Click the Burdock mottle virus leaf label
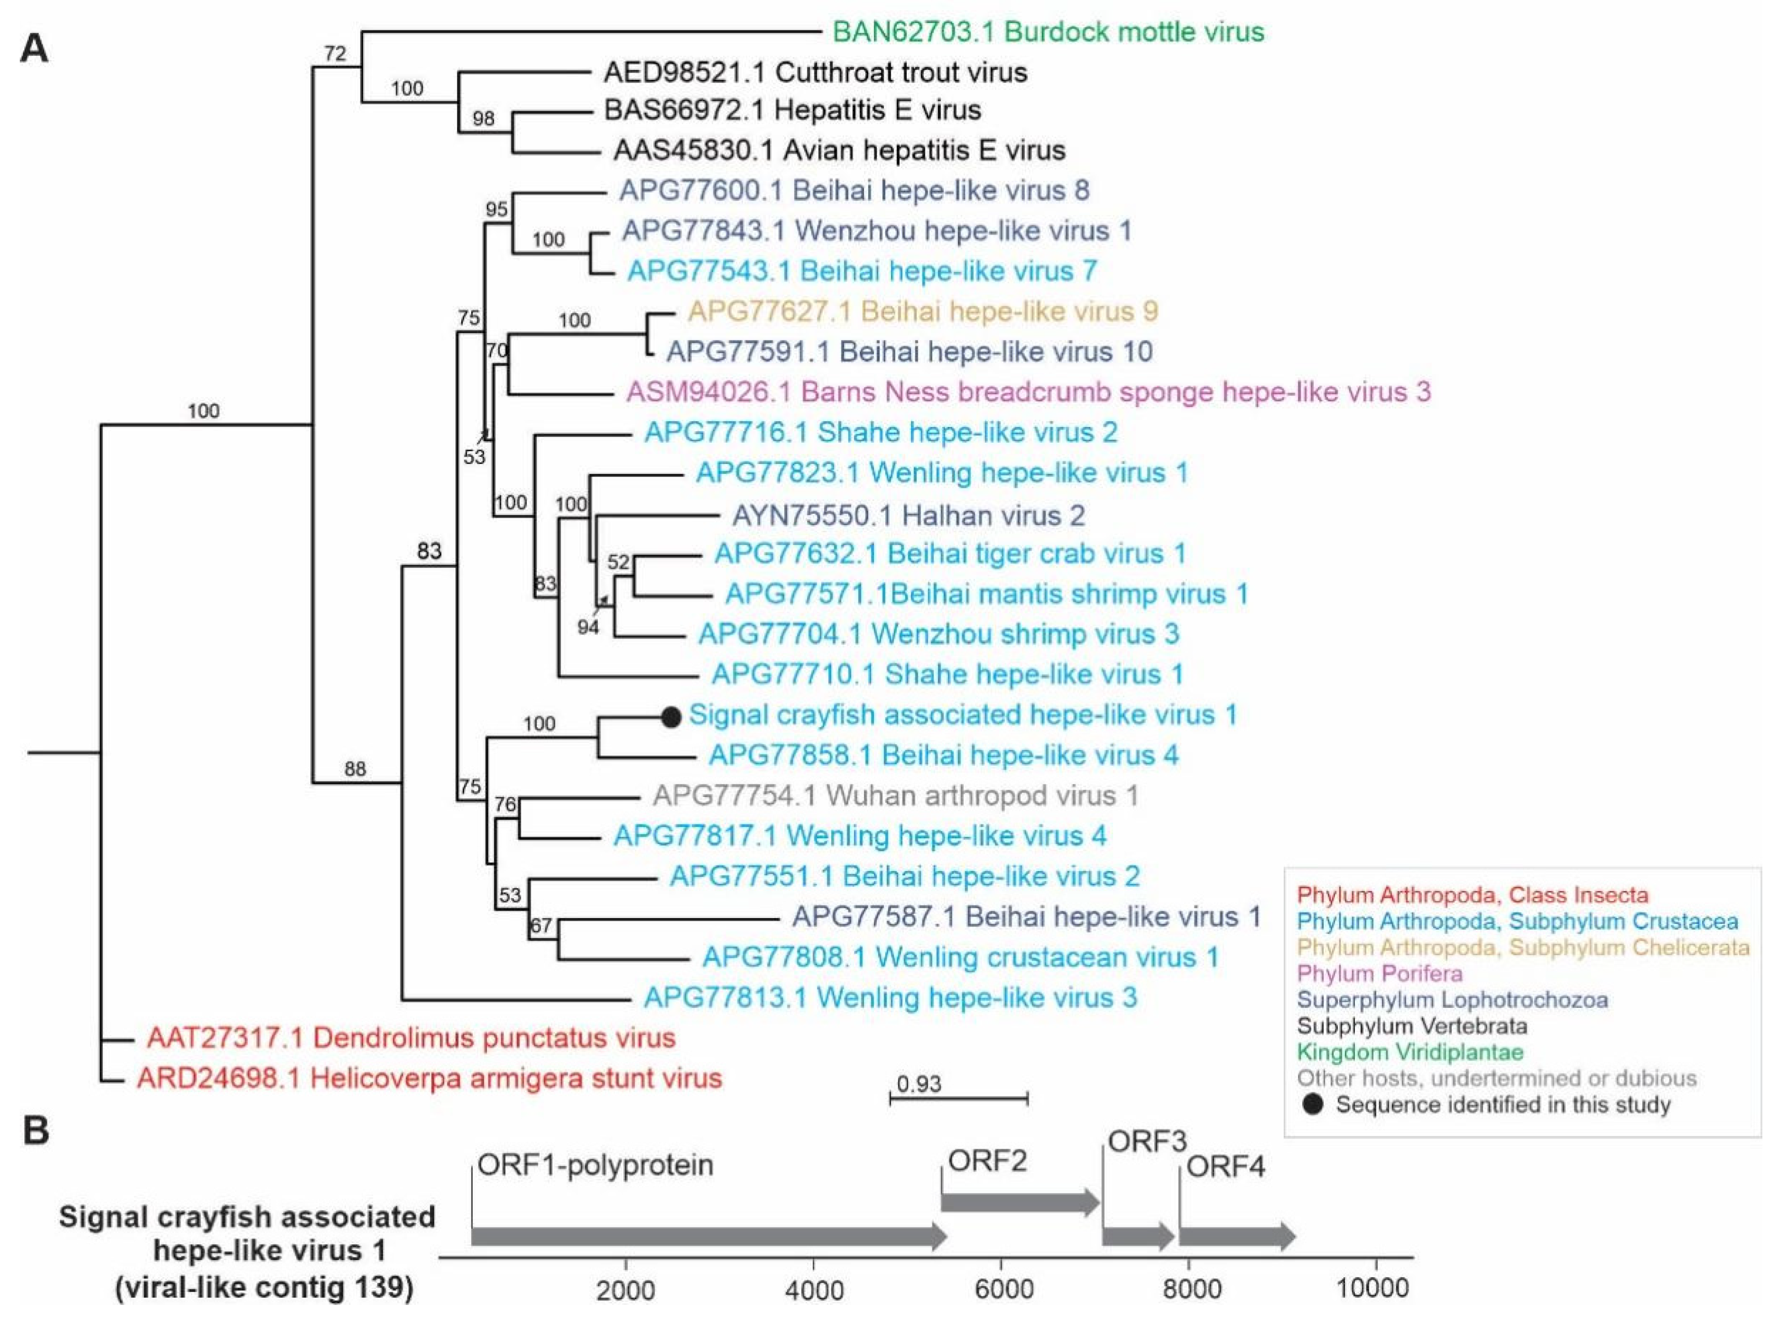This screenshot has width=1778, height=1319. click(1048, 32)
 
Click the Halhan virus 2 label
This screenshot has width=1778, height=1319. click(908, 515)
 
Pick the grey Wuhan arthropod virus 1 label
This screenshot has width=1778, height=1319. click(895, 795)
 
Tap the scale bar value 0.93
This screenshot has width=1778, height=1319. click(919, 1084)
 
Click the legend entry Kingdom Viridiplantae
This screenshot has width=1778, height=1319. click(1409, 1052)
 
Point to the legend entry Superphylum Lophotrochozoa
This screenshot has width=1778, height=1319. click(1451, 1000)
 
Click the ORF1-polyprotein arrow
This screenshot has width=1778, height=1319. click(707, 1237)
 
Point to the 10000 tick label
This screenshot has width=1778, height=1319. click(1374, 1287)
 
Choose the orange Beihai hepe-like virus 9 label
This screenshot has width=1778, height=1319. click(922, 312)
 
